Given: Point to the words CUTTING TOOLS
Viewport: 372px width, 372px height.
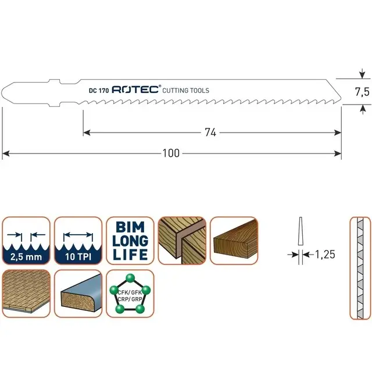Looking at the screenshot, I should point(185,91).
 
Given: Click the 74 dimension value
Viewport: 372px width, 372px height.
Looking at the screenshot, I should point(210,133).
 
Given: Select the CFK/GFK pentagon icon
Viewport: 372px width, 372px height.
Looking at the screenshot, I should point(130,294).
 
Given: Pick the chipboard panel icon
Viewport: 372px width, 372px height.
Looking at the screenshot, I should point(26,294).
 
